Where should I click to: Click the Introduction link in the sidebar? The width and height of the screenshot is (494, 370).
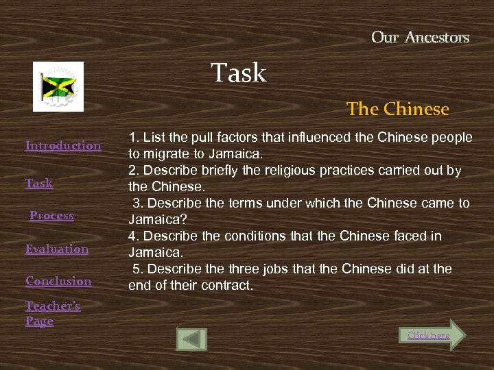63,145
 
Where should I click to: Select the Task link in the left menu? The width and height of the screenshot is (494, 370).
39,183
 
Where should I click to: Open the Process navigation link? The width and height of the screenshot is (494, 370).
51,215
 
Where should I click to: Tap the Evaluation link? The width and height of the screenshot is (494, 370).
57,249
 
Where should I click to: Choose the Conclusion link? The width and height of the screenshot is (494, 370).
58,281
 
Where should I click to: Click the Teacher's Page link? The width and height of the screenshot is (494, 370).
53,313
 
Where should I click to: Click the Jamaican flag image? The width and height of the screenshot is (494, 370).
58,86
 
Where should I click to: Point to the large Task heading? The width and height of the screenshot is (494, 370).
239,73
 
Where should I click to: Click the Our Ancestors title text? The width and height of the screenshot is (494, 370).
420,38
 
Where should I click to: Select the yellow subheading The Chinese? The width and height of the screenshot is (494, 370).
398,109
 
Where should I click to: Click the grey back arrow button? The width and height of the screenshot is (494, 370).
191,339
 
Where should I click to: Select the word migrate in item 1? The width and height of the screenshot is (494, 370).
165,153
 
